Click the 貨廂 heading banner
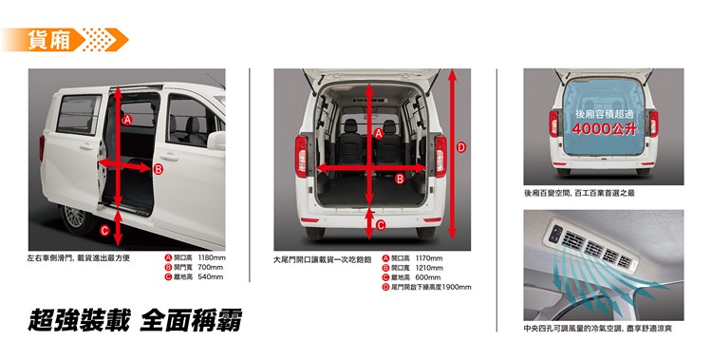point(65,40)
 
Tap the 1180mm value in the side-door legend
point(212,257)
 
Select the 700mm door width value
point(210,267)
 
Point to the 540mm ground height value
point(210,276)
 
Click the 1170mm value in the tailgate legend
point(429,258)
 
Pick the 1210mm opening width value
point(429,268)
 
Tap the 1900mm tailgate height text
point(457,287)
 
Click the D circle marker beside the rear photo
point(461,147)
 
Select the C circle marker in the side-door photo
point(104,231)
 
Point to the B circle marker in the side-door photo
point(158,169)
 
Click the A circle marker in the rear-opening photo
point(379,133)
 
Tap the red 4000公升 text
point(605,129)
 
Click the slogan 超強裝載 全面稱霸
point(135,320)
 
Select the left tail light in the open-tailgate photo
point(301,157)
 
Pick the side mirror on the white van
point(216,141)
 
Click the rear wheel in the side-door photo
point(76,219)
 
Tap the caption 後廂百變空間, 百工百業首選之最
point(579,193)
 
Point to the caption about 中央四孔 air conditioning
point(597,329)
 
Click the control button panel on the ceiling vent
point(555,234)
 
